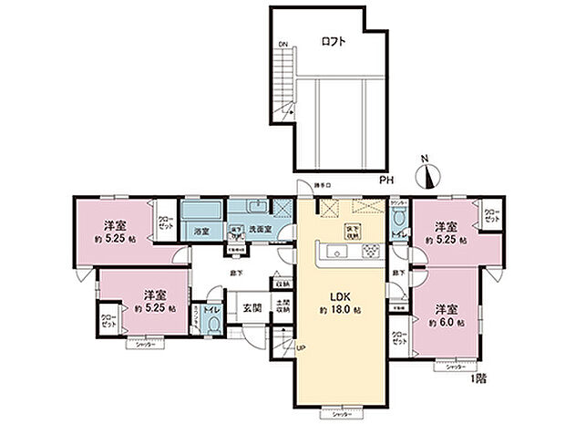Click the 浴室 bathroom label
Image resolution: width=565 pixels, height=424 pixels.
[201, 232]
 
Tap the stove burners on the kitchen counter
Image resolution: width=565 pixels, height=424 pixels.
[370, 252]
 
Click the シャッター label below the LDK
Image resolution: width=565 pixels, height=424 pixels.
[340, 414]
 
